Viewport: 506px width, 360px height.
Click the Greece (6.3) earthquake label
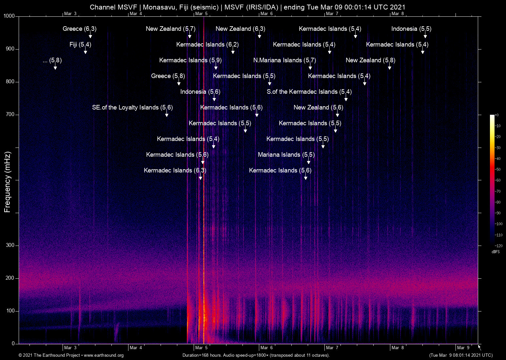tap(79, 29)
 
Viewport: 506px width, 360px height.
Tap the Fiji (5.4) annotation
tap(80, 45)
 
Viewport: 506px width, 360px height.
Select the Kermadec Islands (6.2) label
tap(207, 45)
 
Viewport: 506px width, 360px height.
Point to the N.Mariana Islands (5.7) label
tap(284, 60)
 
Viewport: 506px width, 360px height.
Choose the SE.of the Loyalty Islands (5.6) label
tap(132, 108)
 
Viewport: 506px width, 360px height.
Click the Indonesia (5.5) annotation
tap(411, 29)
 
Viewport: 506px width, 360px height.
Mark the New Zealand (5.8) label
tap(370, 60)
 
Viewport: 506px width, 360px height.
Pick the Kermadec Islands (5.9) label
tap(190, 60)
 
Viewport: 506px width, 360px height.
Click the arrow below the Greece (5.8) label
tap(179, 83)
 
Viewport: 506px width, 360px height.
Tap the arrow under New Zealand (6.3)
tap(260, 36)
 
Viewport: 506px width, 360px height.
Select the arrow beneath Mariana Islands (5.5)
tap(309, 162)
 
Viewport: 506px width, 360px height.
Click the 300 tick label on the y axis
tap(10, 245)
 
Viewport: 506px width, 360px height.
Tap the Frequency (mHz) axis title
tap(7, 182)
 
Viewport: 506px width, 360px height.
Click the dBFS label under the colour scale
tap(495, 252)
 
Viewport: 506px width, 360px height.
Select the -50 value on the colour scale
tap(498, 170)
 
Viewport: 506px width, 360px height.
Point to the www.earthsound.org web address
tap(104, 355)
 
